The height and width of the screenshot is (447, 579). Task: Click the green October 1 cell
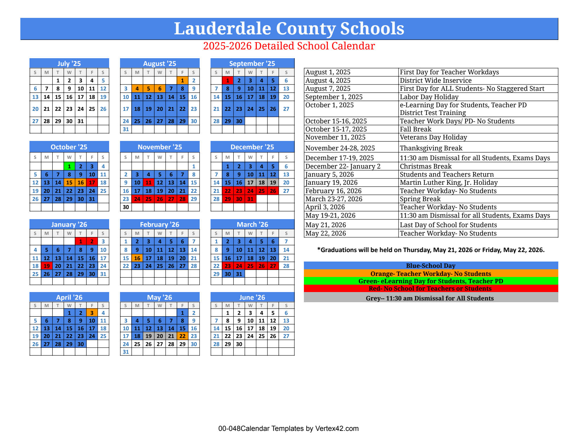69,166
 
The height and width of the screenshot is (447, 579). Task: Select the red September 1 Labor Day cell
227,80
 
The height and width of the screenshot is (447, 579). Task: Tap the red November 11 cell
148,182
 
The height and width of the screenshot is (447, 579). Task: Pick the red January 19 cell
47,266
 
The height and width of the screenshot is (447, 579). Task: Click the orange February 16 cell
137,258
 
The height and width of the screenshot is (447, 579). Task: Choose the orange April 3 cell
92,313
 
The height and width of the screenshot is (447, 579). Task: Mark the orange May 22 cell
182,336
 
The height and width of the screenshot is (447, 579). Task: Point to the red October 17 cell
92,182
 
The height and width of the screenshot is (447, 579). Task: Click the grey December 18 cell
261,182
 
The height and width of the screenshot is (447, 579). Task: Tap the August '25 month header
160,63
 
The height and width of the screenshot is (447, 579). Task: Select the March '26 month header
252,224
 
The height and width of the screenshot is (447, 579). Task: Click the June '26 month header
252,297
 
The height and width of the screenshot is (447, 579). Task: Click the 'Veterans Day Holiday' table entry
433,137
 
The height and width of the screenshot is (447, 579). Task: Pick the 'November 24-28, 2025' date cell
340,148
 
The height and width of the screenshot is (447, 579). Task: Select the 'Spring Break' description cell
420,199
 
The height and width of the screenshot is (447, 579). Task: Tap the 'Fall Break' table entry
415,129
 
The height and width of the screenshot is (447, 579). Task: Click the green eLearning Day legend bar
431,281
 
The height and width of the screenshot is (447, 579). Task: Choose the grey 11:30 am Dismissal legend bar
431,298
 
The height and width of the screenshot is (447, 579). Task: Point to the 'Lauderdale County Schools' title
289,28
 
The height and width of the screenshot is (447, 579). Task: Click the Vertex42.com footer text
288,428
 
